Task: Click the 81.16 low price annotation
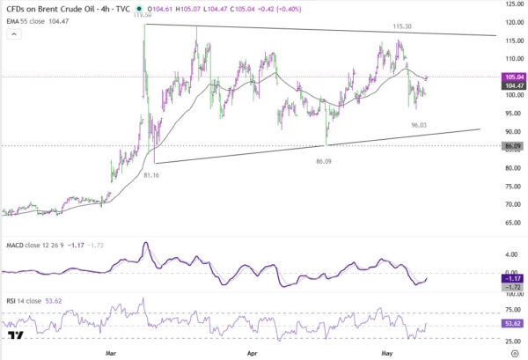tap(151, 175)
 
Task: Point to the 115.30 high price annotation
tap(402, 26)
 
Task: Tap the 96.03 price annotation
tap(419, 125)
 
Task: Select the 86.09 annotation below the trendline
tap(324, 161)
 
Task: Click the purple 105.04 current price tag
tap(513, 77)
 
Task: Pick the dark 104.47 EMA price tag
tap(513, 85)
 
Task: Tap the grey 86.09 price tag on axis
tap(513, 146)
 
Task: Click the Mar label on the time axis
tap(111, 353)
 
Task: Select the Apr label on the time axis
tap(253, 353)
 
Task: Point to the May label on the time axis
tap(387, 353)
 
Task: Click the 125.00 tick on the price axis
tap(515, 4)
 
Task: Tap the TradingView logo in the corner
tap(16, 335)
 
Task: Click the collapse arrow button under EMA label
tap(14, 34)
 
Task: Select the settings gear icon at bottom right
tap(515, 353)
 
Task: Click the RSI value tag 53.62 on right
tap(513, 324)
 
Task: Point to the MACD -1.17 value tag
tap(513, 278)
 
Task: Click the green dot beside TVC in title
tap(139, 9)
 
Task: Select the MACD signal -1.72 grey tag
tap(513, 287)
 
